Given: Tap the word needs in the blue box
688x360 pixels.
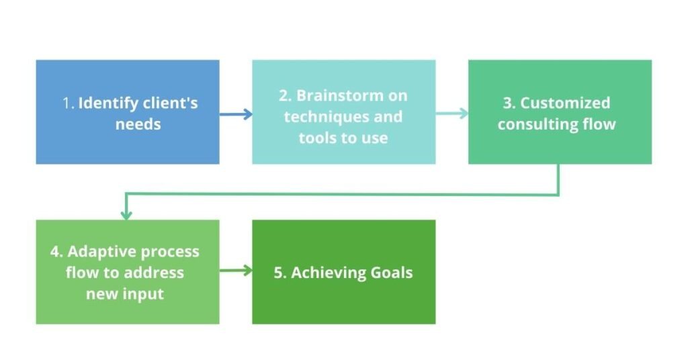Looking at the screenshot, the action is coord(138,124).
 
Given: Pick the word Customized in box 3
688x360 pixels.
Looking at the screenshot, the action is coord(565,103).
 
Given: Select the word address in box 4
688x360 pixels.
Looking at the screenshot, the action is coord(153,273).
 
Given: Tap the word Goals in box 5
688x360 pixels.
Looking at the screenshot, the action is coord(392,273).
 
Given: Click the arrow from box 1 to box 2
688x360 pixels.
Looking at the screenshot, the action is coord(236,114).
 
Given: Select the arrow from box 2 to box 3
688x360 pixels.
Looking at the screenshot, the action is coord(452,114).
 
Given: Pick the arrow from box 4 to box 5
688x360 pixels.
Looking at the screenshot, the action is coord(236,270).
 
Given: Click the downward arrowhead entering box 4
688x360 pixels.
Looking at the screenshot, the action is coord(126,214).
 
